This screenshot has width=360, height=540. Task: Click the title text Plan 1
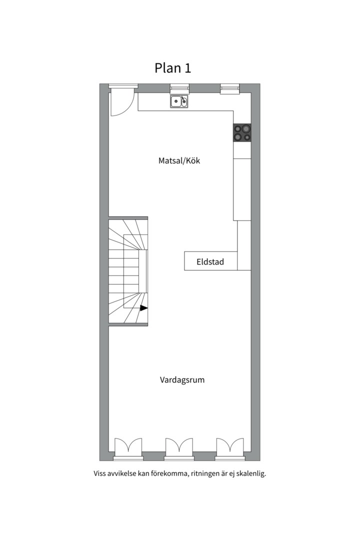tap(172, 68)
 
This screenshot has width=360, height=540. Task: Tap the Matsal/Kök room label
tap(179, 160)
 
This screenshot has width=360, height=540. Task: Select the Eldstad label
tap(210, 261)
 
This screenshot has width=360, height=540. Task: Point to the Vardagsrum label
tap(182, 380)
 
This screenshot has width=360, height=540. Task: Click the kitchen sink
tap(179, 101)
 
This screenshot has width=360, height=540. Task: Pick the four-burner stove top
tap(242, 132)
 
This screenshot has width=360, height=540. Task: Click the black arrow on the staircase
tap(143, 308)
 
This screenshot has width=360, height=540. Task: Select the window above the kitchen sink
tap(179, 88)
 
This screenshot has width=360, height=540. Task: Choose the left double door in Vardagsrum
tap(128, 445)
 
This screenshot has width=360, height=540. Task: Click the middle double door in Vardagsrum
tap(179, 445)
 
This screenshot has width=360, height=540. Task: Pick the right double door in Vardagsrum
tap(230, 445)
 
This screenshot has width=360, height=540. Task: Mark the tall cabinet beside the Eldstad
tap(244, 245)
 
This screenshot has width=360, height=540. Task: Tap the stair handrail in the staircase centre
tap(143, 271)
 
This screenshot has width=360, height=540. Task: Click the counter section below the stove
tap(242, 150)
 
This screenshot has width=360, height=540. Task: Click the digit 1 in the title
tap(188, 68)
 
